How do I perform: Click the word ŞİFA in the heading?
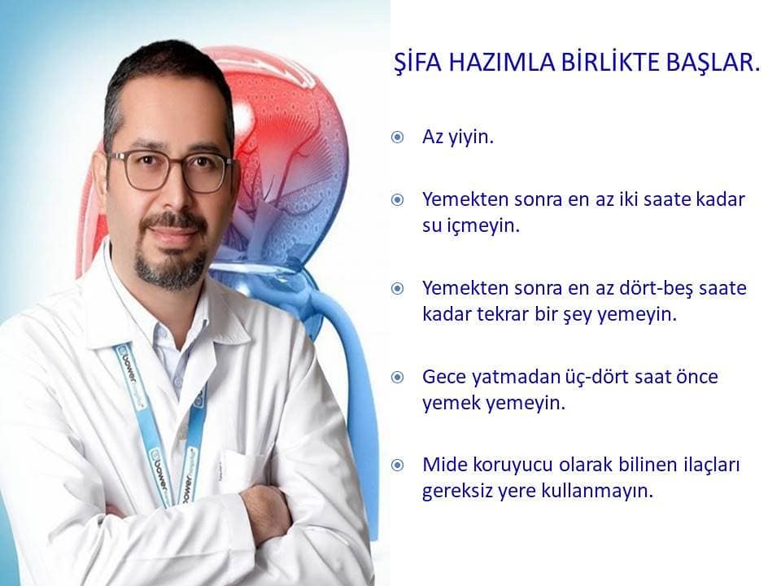(418, 63)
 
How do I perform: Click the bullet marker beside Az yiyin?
(398, 137)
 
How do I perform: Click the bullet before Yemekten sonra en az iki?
(398, 200)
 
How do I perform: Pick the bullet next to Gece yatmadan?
(398, 377)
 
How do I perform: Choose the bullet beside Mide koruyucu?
(398, 466)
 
